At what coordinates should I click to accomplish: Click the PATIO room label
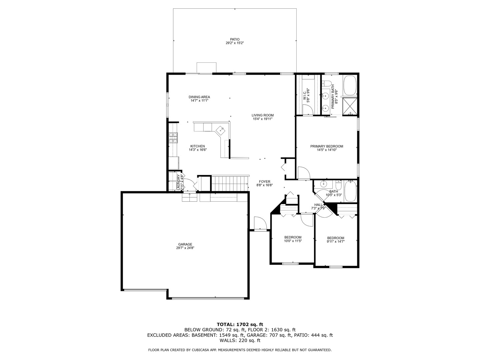pos(235,39)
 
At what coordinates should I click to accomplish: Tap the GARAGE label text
pos(185,244)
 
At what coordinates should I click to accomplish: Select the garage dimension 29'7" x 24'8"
pos(185,248)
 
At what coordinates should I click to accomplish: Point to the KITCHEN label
pos(198,146)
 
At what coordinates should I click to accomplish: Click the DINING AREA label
pos(199,97)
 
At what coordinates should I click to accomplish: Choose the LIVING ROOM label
pos(263,115)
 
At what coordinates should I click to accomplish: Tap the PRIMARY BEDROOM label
pos(327,146)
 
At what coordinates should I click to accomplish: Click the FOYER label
pos(265,182)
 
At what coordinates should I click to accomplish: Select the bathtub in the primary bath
pos(350,85)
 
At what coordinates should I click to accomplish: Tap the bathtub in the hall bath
pos(350,191)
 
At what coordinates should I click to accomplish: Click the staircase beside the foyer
pos(230,183)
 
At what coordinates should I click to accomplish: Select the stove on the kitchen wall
pos(173,138)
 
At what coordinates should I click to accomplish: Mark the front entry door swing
pos(260,223)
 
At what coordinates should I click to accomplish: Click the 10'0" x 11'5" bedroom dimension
pos(293,241)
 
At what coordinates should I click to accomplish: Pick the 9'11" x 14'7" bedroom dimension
pos(336,242)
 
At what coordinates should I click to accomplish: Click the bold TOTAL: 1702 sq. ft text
pos(240,324)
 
